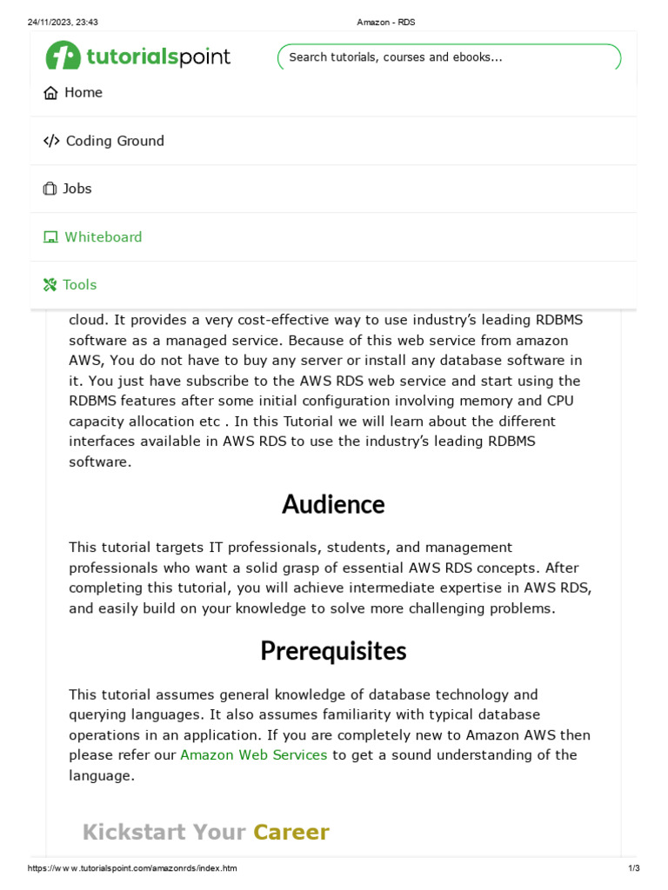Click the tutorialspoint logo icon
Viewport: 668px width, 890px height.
(x=63, y=56)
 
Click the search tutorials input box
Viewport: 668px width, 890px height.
(x=449, y=57)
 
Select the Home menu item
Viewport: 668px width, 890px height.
(x=83, y=93)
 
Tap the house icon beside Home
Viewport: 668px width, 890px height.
(x=50, y=93)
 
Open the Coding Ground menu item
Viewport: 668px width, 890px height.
(x=115, y=141)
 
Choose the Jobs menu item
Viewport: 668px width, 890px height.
(x=77, y=189)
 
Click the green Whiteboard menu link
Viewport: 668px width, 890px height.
(x=103, y=237)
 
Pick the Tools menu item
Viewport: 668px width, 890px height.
(x=79, y=285)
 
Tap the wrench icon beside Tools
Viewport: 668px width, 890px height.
(x=50, y=285)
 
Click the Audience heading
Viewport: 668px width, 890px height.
(x=333, y=504)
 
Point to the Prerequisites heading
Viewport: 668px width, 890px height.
(x=333, y=651)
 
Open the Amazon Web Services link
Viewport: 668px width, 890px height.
(x=253, y=755)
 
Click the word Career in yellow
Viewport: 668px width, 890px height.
(x=291, y=833)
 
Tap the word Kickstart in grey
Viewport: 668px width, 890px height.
(x=135, y=833)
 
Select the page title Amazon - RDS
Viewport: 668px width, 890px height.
(x=386, y=22)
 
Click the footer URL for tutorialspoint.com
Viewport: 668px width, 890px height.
(x=132, y=868)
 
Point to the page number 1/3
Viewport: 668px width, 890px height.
(x=634, y=868)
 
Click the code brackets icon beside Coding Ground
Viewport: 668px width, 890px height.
(x=51, y=141)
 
